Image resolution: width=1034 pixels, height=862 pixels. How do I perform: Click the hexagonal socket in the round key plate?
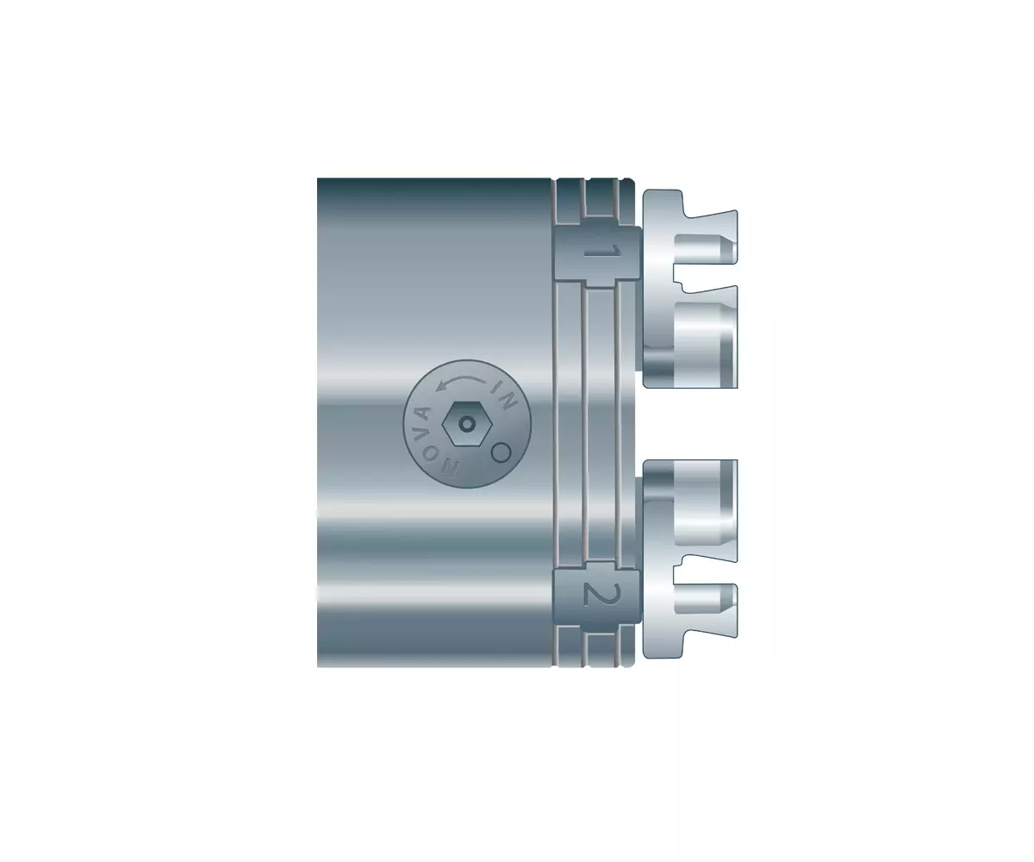click(x=466, y=423)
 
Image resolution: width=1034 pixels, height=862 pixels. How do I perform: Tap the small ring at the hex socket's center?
click(x=466, y=424)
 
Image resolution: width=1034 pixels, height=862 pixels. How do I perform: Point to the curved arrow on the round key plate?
click(x=460, y=381)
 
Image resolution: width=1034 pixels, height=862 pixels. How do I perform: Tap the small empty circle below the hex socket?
click(x=501, y=452)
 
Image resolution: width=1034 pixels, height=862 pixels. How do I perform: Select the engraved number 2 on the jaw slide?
click(x=601, y=595)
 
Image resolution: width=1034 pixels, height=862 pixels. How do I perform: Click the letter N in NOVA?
click(x=450, y=467)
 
